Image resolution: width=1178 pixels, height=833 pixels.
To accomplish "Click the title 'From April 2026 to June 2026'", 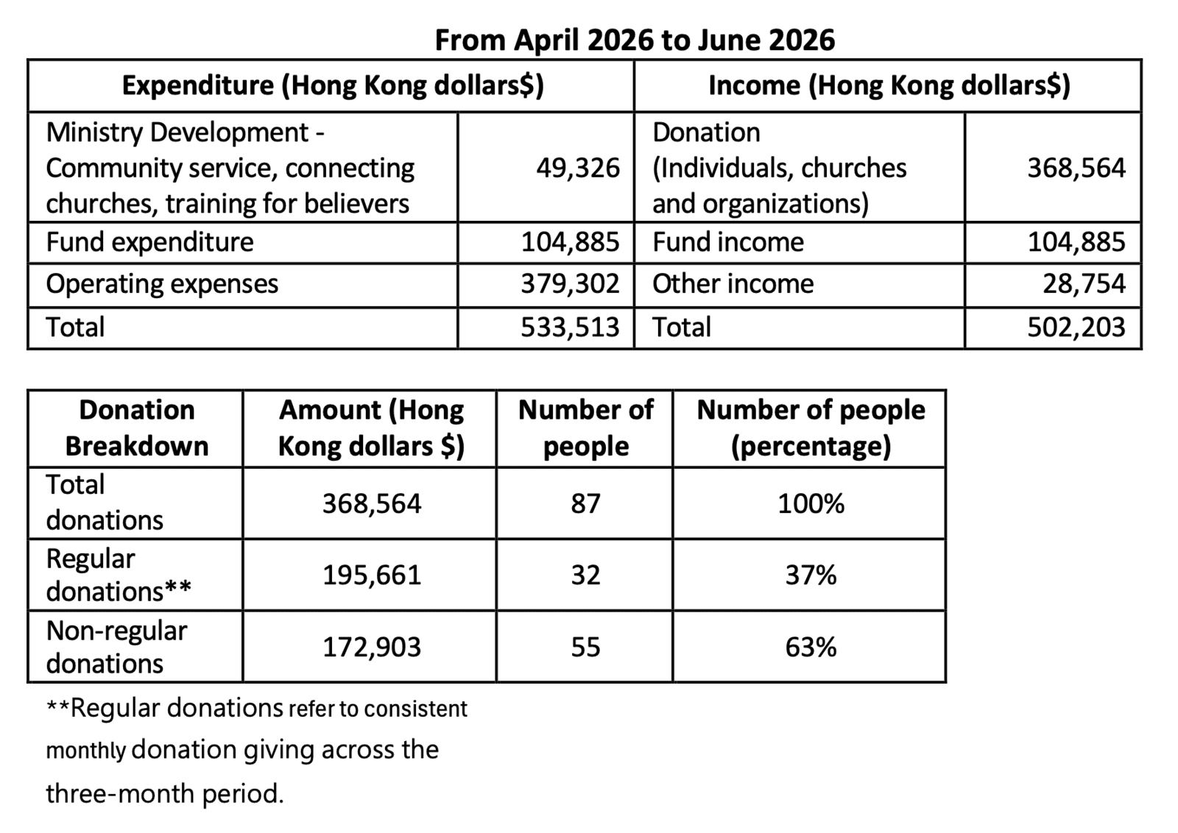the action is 635,40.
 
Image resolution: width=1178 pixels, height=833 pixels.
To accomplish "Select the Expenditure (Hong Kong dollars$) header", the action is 333,85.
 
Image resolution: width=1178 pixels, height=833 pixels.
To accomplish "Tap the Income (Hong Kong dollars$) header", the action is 889,85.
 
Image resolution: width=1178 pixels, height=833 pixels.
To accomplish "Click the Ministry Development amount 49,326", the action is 578,169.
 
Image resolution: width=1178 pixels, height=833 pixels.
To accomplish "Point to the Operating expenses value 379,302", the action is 570,284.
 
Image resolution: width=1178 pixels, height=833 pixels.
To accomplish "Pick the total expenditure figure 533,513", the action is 570,327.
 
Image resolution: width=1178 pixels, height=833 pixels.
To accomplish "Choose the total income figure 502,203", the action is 1076,327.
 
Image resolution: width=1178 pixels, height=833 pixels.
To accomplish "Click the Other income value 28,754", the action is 1084,284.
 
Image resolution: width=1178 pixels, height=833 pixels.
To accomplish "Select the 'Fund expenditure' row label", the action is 150,242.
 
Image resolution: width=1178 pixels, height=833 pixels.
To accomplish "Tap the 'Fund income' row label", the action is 728,242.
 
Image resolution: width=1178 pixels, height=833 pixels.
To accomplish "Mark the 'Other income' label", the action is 733,284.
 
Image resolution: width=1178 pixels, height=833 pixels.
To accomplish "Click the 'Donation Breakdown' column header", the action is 137,428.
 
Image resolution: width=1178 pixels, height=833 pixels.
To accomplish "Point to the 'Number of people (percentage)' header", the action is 811,428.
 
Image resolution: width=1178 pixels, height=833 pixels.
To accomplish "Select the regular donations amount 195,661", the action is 372,575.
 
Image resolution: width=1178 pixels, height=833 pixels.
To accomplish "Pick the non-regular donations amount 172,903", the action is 372,647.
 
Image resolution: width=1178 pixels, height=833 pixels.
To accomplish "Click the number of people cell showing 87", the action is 585,503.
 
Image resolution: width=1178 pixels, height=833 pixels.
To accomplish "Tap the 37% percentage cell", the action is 811,575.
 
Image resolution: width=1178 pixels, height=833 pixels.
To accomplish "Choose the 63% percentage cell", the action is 811,647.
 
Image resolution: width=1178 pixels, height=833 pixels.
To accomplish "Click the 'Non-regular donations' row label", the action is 117,647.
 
